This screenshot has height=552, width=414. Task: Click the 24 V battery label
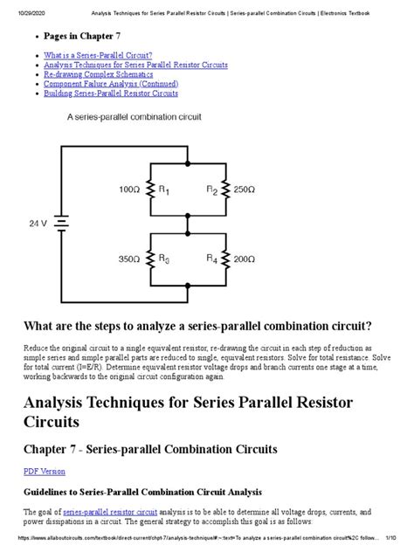click(37, 224)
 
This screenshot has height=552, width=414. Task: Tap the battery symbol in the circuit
click(61, 224)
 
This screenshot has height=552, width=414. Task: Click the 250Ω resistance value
click(243, 189)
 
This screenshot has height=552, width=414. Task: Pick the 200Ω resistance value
click(243, 259)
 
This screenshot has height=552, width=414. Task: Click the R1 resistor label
click(163, 190)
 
